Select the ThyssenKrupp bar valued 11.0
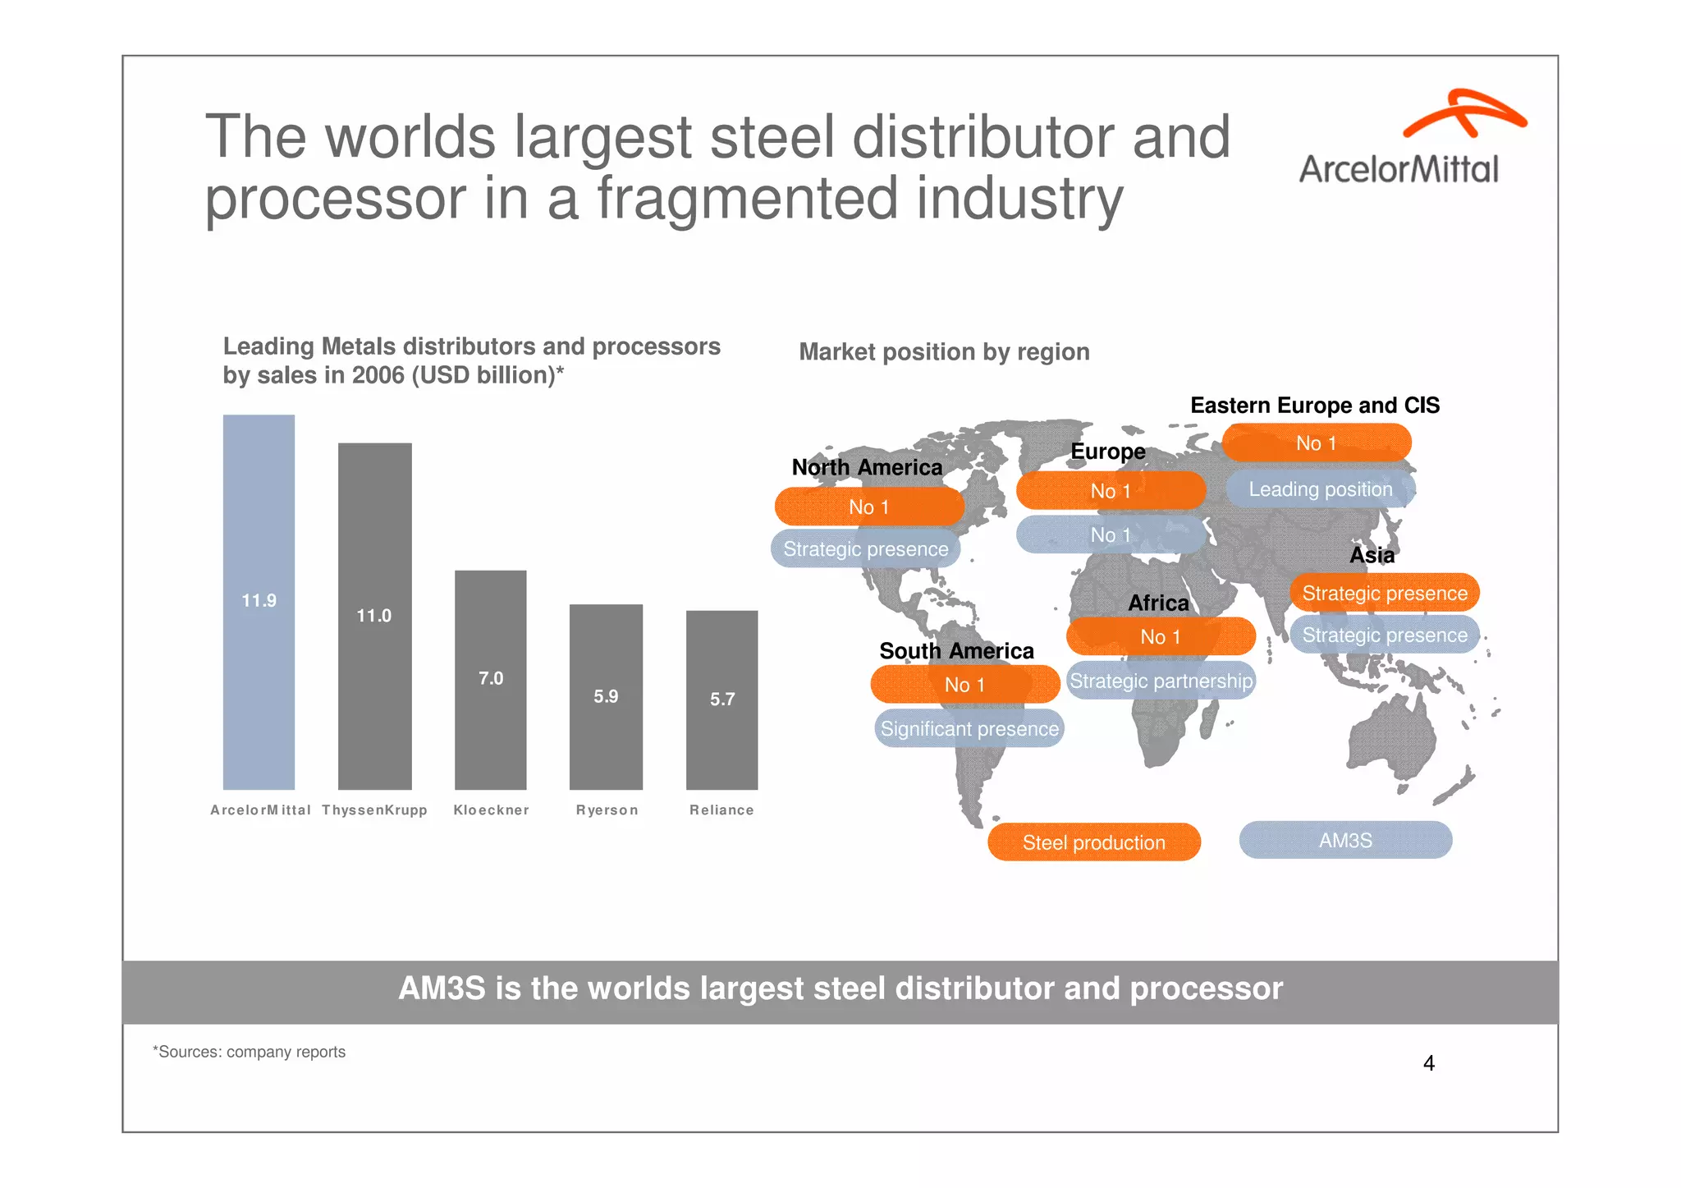tap(374, 616)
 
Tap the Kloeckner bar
tap(490, 679)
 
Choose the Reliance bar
tap(721, 699)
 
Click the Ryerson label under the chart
tap(607, 810)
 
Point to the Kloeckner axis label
tap(491, 810)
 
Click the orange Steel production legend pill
tap(1093, 842)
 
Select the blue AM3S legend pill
tap(1345, 841)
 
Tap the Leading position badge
tap(1320, 489)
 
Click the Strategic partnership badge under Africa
tap(1161, 681)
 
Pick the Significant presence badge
tap(969, 729)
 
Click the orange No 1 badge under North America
tap(868, 507)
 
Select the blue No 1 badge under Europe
tap(1110, 535)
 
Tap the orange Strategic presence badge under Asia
tap(1384, 593)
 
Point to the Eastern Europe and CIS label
tap(1314, 406)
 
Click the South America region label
tap(956, 651)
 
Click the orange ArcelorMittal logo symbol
tap(1463, 113)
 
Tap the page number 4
tap(1428, 1063)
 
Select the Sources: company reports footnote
tap(250, 1052)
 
